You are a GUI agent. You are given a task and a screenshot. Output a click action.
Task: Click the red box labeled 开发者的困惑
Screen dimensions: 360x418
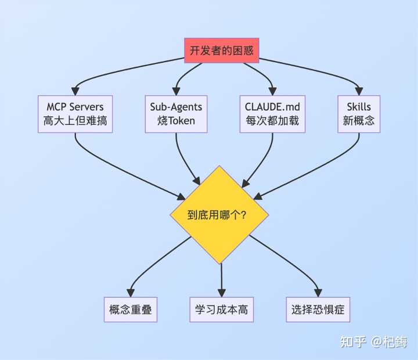tap(221, 51)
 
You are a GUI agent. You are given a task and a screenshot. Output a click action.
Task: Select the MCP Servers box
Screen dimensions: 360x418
tap(75, 114)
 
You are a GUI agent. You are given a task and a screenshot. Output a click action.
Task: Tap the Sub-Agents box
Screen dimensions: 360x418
tap(176, 114)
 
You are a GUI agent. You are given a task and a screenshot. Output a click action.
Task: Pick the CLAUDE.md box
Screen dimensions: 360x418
tap(273, 114)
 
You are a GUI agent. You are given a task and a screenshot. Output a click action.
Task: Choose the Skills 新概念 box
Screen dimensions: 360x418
tap(359, 114)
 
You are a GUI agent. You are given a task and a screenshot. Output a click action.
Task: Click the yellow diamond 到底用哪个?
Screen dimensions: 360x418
tap(219, 215)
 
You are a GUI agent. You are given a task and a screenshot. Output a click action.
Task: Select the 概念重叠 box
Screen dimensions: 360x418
tap(130, 309)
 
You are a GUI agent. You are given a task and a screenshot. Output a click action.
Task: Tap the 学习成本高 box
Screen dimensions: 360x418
tap(221, 309)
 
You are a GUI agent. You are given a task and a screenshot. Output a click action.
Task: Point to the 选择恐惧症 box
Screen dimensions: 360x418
tap(318, 309)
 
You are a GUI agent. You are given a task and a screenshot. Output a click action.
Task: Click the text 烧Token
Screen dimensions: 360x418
tap(176, 121)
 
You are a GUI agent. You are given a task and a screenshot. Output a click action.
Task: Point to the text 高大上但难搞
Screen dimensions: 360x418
tap(75, 121)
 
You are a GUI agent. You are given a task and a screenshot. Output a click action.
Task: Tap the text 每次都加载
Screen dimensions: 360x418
tap(273, 121)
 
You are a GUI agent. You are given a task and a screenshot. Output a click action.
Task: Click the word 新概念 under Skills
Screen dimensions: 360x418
tap(359, 121)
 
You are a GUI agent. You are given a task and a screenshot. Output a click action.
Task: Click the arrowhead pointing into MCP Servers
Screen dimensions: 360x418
tap(75, 91)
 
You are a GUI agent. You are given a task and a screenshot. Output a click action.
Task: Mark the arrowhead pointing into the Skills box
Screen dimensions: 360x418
tap(359, 91)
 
